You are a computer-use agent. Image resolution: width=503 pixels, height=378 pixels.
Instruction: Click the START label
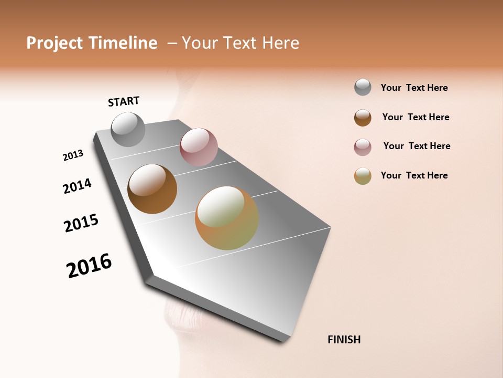click(x=124, y=101)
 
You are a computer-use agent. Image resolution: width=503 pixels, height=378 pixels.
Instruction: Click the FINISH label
click(x=344, y=340)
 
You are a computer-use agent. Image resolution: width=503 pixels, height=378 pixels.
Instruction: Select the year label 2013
click(x=73, y=155)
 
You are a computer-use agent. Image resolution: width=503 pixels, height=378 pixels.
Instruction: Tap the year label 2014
click(x=77, y=186)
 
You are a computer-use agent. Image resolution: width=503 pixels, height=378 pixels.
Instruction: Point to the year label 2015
click(x=81, y=223)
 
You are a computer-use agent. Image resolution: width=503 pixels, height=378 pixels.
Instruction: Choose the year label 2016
click(x=89, y=266)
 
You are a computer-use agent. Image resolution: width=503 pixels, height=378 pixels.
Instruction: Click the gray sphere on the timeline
click(x=128, y=129)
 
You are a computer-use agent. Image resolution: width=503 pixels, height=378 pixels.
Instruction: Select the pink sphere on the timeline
click(x=199, y=147)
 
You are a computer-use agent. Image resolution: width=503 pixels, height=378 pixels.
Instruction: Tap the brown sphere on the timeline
click(x=152, y=189)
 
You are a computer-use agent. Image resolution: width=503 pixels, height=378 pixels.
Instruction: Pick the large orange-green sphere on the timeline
click(x=227, y=218)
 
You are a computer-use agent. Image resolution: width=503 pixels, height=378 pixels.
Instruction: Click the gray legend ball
click(x=363, y=87)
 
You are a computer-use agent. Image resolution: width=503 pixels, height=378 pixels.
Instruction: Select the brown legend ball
click(x=363, y=118)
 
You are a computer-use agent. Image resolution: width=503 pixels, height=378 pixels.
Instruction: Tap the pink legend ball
click(x=363, y=147)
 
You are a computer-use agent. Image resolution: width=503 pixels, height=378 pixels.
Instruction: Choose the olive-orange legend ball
click(x=363, y=176)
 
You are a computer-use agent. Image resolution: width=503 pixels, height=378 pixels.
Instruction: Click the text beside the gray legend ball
click(x=414, y=88)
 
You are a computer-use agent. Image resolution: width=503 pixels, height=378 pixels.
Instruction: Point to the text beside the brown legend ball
click(x=415, y=117)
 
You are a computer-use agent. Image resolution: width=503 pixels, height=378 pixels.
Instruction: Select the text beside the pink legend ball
click(x=417, y=146)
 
